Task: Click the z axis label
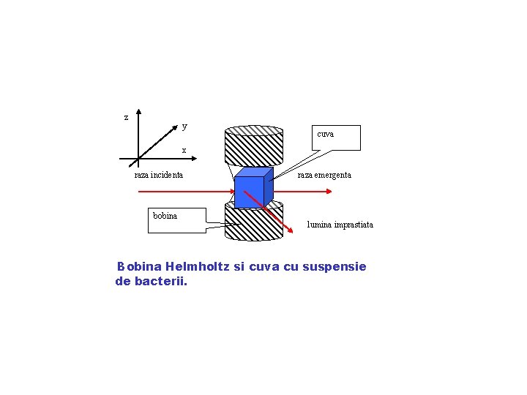pos(126,117)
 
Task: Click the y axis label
pos(184,126)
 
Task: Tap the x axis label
pos(184,150)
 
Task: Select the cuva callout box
pos(336,138)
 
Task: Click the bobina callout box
pos(177,219)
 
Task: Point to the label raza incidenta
pos(159,175)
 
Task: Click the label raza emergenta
pos(324,175)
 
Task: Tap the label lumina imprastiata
pos(340,225)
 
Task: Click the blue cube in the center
pos(250,192)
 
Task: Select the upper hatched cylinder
pos(253,150)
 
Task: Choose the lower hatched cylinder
pos(253,224)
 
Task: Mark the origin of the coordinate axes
pos(139,159)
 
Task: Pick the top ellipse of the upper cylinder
pos(253,131)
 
